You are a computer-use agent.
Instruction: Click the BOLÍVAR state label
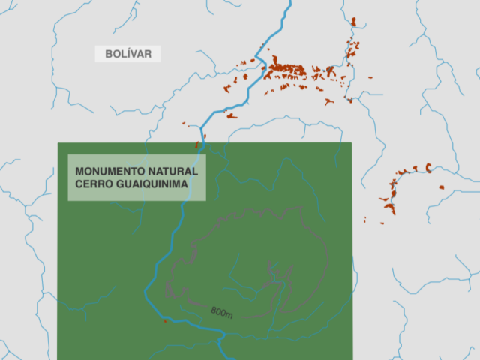pos(128,54)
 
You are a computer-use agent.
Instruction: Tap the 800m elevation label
pos(221,312)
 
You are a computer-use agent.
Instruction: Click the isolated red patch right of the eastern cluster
pos(442,187)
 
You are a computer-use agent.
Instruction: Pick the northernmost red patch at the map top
pos(352,22)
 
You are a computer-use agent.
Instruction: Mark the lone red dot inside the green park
pos(165,322)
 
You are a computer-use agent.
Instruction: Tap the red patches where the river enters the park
pos(198,144)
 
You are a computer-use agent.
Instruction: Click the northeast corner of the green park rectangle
pos(351,143)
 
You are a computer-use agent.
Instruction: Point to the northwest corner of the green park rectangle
pos(58,143)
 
